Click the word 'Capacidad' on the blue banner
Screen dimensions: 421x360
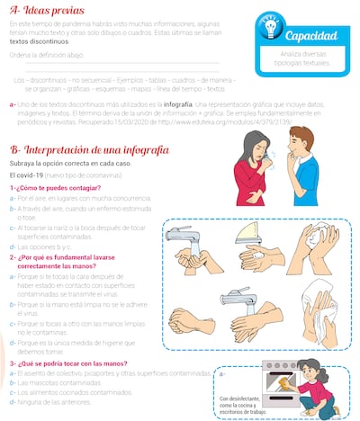pyautogui.click(x=312, y=37)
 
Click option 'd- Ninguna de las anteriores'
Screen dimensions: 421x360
pyautogui.click(x=59, y=401)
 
